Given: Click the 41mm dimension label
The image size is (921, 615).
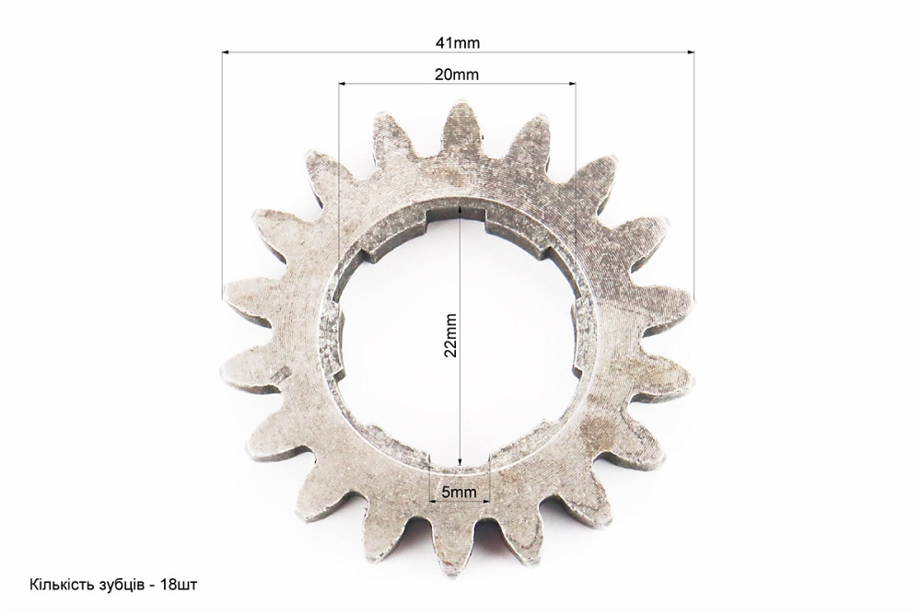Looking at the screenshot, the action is click(x=458, y=43).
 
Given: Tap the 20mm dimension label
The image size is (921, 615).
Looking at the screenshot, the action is click(x=457, y=75).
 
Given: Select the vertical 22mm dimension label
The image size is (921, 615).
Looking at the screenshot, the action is click(x=450, y=335).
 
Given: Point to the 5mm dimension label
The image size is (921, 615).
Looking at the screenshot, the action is click(x=460, y=492).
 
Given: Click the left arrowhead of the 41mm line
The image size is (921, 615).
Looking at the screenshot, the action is click(x=227, y=52).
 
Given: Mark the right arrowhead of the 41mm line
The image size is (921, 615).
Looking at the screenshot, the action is click(x=690, y=52).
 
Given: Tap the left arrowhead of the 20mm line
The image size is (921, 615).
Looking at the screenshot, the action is click(x=343, y=84).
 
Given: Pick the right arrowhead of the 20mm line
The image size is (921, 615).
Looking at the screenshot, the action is click(x=572, y=84).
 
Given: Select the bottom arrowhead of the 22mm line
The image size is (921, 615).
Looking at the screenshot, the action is click(x=460, y=461).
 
